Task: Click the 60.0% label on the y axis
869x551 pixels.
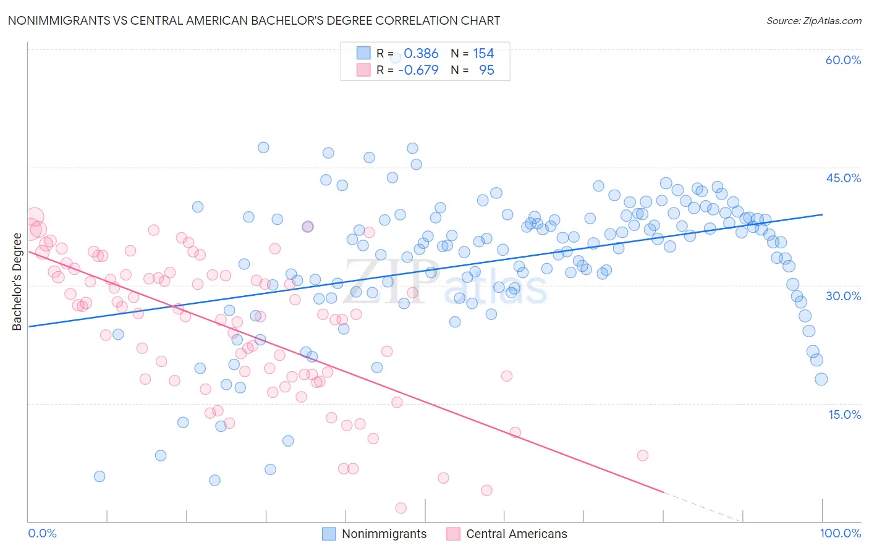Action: point(843,60)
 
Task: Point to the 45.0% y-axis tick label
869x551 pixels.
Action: point(843,178)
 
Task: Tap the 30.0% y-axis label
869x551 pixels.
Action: point(843,296)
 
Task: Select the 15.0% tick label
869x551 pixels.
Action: point(844,414)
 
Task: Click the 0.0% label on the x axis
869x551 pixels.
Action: point(42,533)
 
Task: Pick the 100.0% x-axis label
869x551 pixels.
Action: point(840,533)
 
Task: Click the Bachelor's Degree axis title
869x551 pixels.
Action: point(17,282)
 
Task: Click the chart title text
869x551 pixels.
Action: point(253,20)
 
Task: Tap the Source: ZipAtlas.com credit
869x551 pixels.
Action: point(813,20)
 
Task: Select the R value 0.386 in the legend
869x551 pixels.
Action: point(421,54)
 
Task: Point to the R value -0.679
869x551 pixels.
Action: point(418,70)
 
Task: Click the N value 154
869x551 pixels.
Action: point(483,54)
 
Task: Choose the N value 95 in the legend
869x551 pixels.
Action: point(486,70)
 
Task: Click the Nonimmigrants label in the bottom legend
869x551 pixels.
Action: point(384,534)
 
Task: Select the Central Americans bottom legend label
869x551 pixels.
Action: point(516,534)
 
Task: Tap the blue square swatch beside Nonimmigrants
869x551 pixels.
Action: point(329,534)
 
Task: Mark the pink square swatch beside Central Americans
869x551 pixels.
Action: point(454,534)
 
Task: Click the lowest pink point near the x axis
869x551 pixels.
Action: point(401,508)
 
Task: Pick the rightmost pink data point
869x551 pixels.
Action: point(643,455)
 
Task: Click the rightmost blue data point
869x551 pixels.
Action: point(821,379)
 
